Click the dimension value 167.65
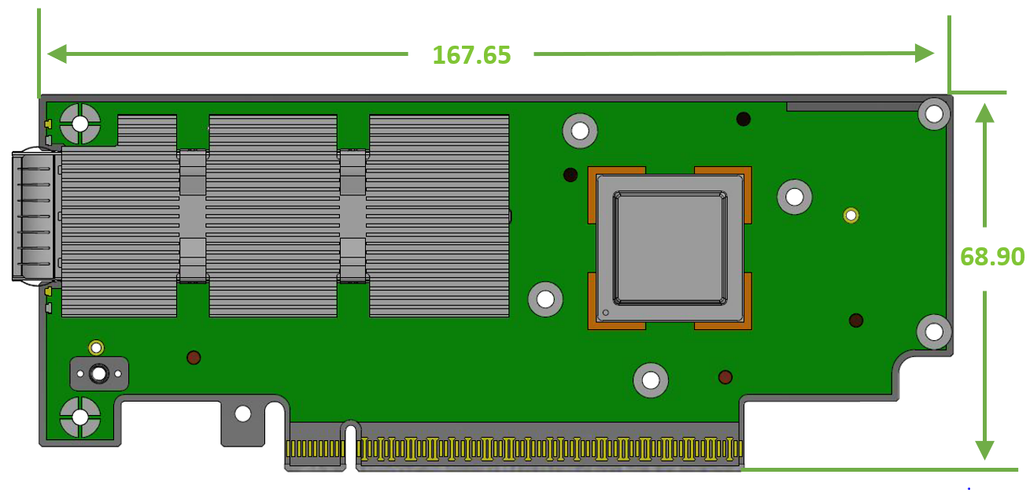[471, 54]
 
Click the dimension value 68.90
[992, 256]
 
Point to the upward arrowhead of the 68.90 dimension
[984, 114]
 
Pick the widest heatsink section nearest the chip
[438, 216]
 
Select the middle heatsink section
[273, 216]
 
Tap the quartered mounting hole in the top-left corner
[80, 124]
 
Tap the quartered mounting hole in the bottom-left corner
[80, 417]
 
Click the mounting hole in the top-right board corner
[934, 115]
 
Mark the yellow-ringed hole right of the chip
[851, 215]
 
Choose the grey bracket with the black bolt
[99, 373]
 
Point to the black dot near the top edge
[743, 119]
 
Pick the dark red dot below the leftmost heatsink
[194, 358]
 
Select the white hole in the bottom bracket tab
[243, 413]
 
